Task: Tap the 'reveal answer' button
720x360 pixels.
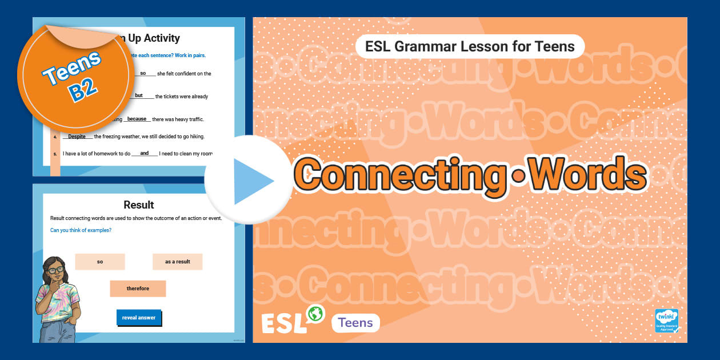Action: click(x=139, y=318)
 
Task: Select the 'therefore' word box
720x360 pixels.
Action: click(x=138, y=289)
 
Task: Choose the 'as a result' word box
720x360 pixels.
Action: click(x=177, y=262)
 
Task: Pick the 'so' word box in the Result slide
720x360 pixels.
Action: click(x=100, y=262)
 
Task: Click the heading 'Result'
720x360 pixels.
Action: click(x=139, y=205)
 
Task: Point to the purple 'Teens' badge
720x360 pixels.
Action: click(x=355, y=323)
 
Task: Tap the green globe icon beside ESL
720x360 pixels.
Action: click(x=315, y=314)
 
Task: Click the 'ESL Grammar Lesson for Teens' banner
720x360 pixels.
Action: click(x=470, y=46)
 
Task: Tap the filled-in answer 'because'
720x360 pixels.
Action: click(x=137, y=119)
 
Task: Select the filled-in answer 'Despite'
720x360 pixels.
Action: click(x=77, y=137)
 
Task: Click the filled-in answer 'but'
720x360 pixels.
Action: click(x=139, y=95)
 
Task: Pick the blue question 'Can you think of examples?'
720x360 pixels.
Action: click(x=81, y=230)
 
